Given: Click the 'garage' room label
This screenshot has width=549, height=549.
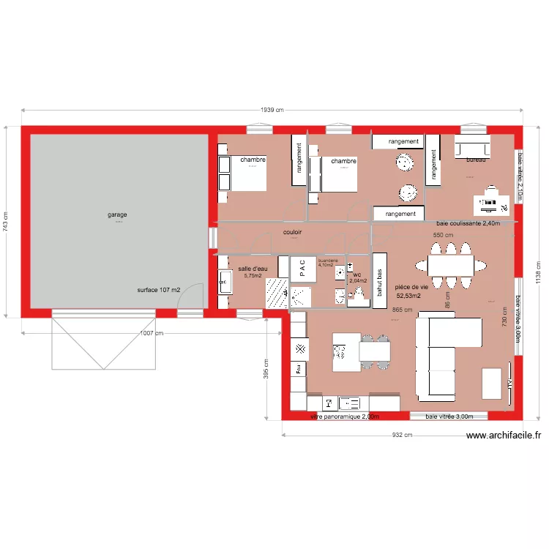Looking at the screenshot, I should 117,214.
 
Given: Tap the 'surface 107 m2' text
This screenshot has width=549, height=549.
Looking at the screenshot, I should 158,291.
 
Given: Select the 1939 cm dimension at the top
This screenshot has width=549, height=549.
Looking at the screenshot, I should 272,111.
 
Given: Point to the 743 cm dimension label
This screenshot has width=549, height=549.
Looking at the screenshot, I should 7,222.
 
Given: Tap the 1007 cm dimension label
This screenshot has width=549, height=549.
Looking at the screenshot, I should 152,333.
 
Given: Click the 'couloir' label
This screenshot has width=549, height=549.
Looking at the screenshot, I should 293,232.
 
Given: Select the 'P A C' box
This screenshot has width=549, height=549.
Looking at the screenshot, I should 303,268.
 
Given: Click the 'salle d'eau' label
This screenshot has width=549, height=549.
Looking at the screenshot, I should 253,269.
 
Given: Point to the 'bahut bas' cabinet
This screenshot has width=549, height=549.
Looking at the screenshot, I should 380,274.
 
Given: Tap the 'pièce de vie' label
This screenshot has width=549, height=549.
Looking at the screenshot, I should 411,288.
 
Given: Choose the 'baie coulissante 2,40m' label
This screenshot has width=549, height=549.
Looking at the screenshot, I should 468,223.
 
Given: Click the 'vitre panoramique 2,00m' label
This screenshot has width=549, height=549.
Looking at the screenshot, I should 345,417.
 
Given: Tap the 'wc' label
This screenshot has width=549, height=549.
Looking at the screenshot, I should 357,275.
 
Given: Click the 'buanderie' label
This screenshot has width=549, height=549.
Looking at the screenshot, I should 327,261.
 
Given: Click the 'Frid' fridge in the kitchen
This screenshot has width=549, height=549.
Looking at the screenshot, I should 299,370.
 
